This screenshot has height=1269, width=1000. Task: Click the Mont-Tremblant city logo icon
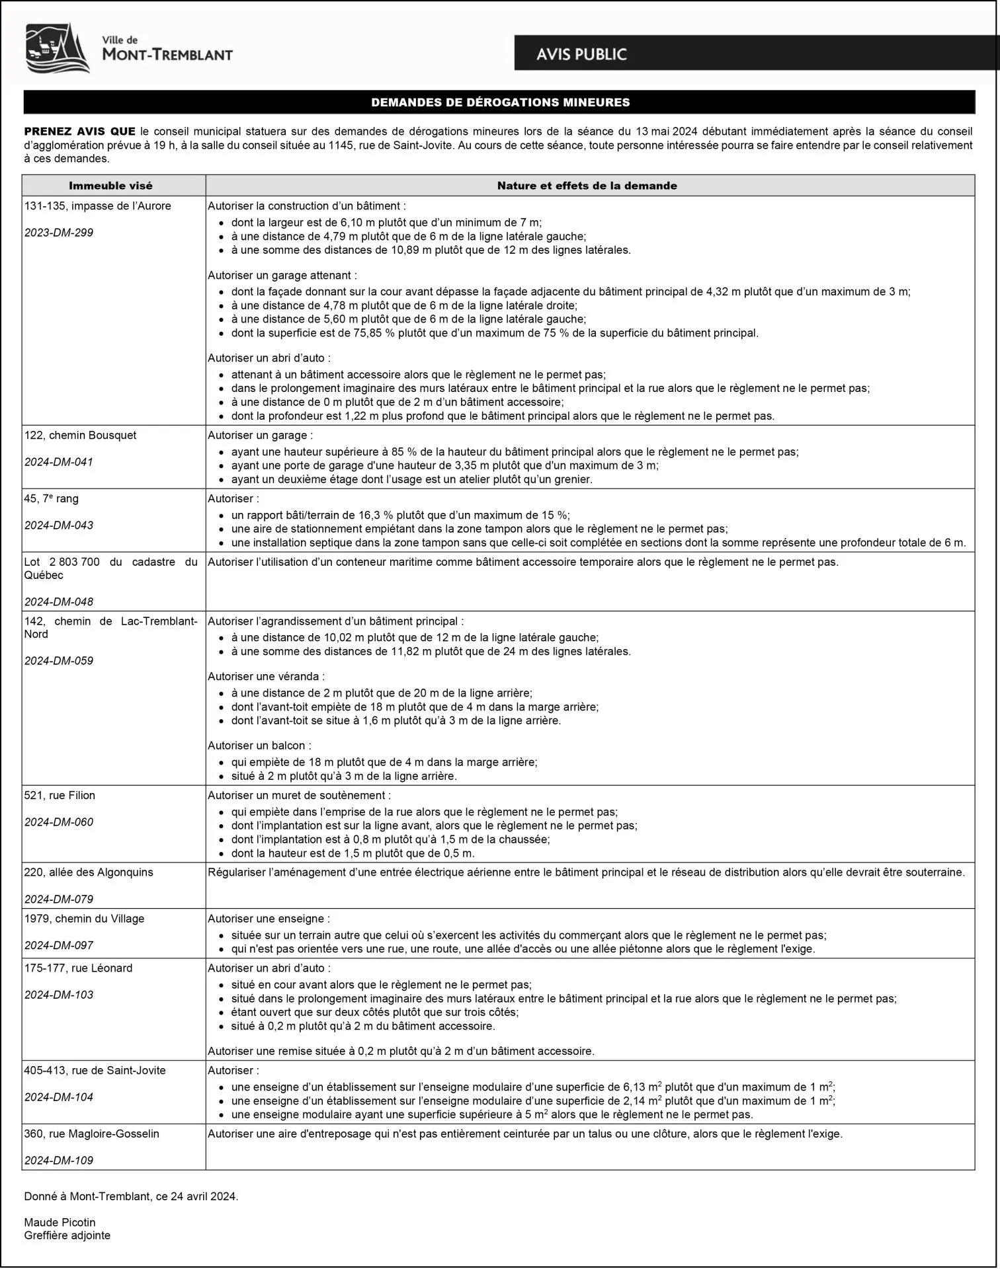tap(57, 48)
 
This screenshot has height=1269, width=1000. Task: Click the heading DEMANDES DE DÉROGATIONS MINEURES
tap(500, 102)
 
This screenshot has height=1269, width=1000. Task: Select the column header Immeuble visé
tap(110, 186)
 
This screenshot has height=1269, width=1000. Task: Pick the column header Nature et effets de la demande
tap(587, 186)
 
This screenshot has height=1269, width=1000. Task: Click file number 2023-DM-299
tap(59, 233)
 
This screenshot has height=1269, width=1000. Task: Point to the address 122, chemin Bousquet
tap(80, 435)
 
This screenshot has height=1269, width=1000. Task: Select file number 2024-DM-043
tap(59, 525)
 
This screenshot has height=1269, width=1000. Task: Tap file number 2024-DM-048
tap(59, 601)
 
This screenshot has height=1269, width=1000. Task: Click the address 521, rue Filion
tap(60, 795)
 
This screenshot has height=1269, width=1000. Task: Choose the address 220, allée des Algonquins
tap(89, 872)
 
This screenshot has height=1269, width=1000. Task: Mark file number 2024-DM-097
tap(59, 945)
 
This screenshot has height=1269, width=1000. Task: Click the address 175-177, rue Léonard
tap(78, 968)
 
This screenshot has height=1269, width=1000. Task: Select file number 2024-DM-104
tap(59, 1097)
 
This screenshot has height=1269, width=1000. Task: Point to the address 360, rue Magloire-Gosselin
tap(92, 1134)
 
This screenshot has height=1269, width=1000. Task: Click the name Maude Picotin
tap(60, 1222)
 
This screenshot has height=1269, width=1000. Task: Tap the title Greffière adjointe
tap(67, 1235)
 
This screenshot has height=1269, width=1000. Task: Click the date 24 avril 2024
tap(204, 1196)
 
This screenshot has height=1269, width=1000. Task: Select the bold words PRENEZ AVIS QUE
tap(79, 131)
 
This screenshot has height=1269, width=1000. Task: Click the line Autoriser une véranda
tap(266, 676)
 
